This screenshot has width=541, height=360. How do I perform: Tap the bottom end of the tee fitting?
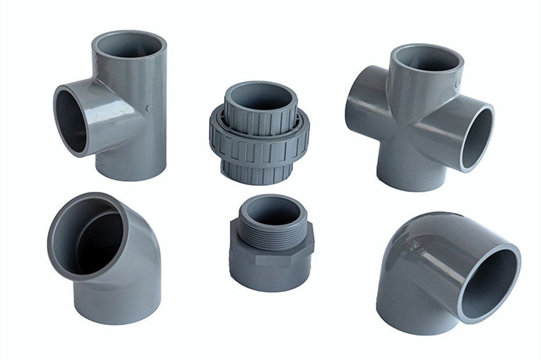131,169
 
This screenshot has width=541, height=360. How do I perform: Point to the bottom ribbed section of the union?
259,173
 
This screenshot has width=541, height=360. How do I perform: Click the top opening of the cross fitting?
426,58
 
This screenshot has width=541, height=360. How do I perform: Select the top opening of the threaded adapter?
272,207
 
